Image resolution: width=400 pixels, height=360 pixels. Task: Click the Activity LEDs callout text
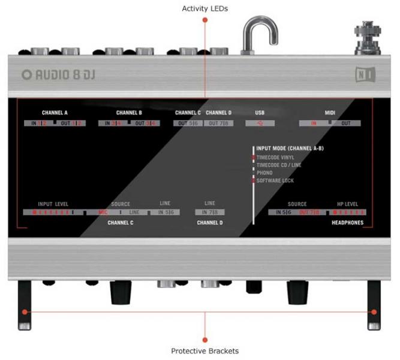coord(204,8)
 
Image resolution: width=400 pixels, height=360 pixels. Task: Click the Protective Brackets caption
coord(204,351)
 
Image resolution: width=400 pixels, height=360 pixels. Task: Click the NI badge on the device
coord(365,75)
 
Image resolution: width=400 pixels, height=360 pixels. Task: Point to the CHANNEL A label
coord(55,113)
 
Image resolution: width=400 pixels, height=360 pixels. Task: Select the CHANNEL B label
coord(129,113)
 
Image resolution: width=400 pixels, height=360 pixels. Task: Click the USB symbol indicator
coord(259,123)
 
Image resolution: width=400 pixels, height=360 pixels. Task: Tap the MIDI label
coord(330,113)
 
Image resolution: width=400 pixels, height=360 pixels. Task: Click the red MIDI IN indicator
coord(313,123)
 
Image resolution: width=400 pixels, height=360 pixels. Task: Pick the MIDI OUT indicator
coord(346,123)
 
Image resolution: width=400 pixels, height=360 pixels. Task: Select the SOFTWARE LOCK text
coord(275,180)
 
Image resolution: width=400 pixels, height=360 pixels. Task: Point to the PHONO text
coord(264,172)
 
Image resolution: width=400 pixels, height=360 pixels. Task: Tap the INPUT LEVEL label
coord(53,204)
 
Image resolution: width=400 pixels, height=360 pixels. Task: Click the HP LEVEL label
coord(347,204)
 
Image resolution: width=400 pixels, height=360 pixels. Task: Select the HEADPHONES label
coord(348,221)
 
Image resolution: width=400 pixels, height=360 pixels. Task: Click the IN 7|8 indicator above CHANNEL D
coord(209,212)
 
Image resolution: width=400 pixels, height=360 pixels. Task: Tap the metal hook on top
coord(260,33)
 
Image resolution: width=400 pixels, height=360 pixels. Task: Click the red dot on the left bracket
coord(25,312)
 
